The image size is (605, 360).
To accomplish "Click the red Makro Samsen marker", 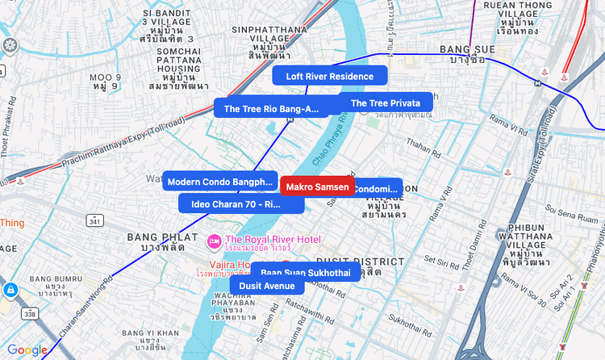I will (317, 186).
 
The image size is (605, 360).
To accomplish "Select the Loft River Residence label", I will (330, 76).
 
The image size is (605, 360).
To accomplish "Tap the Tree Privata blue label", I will (385, 103).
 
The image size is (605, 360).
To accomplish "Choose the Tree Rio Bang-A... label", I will (271, 108).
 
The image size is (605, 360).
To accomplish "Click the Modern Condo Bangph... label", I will (220, 182).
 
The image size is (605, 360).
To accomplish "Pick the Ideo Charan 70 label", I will (240, 204).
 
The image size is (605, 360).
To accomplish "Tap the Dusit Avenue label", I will (266, 285).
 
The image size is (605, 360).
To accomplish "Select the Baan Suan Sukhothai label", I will (305, 272).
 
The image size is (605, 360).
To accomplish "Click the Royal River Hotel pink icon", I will (215, 240).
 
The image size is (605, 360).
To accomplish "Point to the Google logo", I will (27, 350).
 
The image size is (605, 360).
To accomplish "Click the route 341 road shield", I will (95, 220).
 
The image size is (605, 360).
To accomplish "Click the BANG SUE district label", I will (465, 50).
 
